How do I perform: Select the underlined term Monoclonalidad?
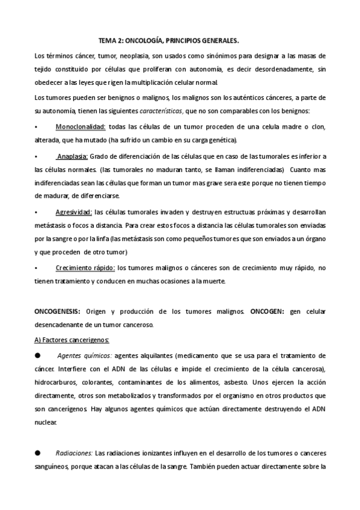(x=81, y=126)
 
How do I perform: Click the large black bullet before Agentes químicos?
(x=37, y=355)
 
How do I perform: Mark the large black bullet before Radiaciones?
(x=37, y=452)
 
